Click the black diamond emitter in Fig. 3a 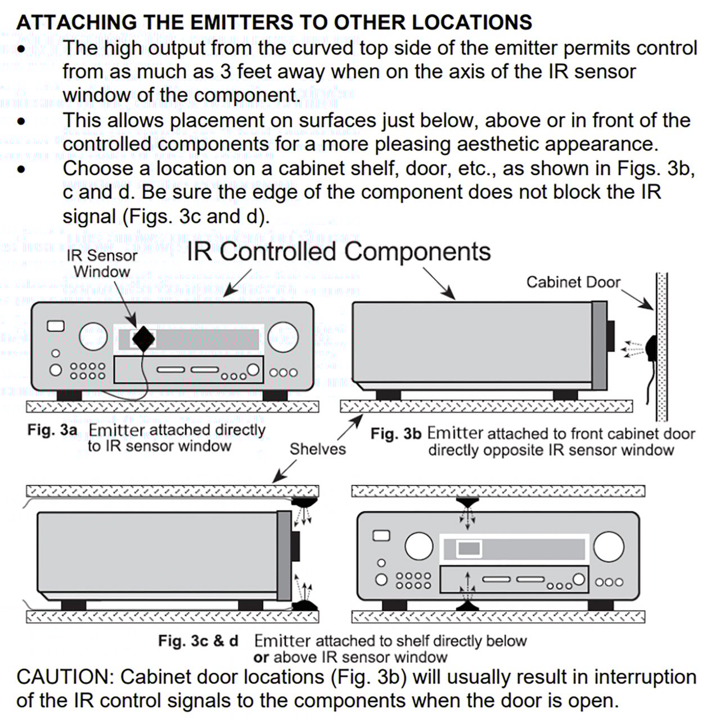coord(143,339)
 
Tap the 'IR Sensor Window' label coord(102,263)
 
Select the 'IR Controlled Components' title coord(339,252)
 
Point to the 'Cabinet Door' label coord(573,282)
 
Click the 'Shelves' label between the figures coord(318,449)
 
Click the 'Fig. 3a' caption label coord(52,430)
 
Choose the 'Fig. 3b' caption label coord(395,434)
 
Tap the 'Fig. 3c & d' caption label coord(198,641)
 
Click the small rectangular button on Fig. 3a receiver coord(56,326)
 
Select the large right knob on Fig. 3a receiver coord(283,337)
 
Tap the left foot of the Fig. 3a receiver coord(69,395)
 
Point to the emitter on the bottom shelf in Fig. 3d coord(467,606)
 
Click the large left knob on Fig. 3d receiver coord(419,545)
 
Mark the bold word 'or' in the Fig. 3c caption coord(261,657)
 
